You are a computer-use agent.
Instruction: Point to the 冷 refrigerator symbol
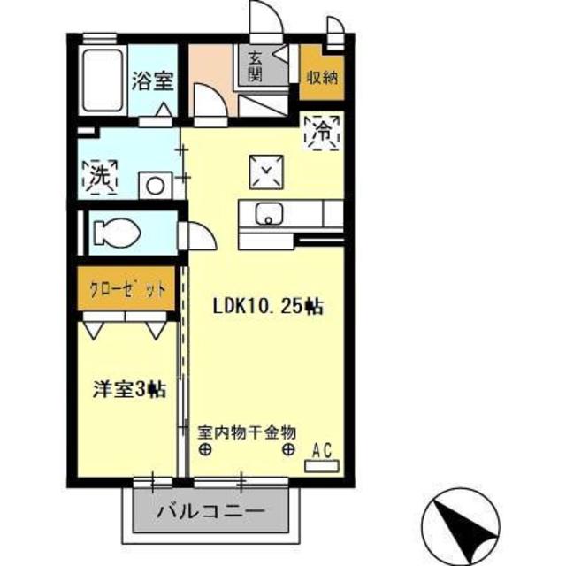[321, 133]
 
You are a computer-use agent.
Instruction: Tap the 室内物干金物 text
[246, 431]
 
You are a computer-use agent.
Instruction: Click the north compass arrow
[460, 523]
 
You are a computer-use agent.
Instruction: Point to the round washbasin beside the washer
[156, 186]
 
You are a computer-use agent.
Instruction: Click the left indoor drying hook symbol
[205, 449]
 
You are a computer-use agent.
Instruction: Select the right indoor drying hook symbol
[288, 449]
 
